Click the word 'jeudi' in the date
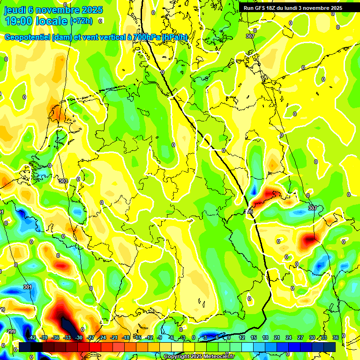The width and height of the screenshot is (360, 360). [15, 9]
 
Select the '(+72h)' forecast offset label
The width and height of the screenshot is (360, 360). [81, 21]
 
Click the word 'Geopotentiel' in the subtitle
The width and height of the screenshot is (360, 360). [27, 37]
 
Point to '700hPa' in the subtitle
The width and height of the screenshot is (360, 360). [147, 37]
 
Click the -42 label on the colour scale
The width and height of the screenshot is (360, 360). [32, 337]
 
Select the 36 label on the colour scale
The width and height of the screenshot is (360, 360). [335, 337]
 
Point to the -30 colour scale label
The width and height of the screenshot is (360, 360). [79, 337]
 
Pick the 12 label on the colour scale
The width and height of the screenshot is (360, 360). [241, 337]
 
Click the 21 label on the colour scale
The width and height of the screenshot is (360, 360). [277, 337]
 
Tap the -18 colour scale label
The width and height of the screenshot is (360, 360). [126, 337]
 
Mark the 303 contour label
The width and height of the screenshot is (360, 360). [63, 180]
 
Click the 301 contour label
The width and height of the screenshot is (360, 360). [28, 287]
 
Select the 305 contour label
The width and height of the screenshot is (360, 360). [248, 212]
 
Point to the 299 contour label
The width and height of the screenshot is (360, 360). [11, 331]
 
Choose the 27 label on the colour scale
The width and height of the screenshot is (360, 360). [300, 337]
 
